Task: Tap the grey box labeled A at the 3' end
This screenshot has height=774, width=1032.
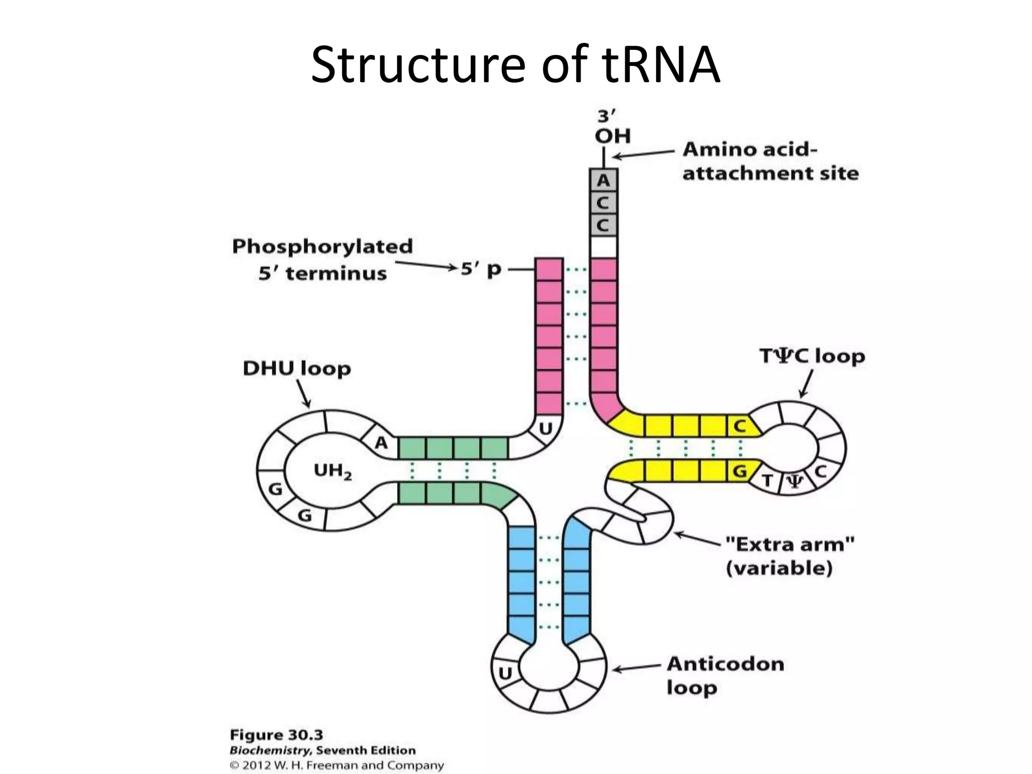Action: [603, 180]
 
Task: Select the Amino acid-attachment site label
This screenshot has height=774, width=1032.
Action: [770, 161]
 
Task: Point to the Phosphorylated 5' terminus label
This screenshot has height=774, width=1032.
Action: [322, 260]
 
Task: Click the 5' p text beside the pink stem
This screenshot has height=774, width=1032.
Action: [481, 270]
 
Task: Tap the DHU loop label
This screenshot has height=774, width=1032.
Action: [297, 368]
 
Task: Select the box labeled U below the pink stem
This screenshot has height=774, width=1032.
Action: [546, 429]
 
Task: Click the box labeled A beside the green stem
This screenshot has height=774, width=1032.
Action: [381, 443]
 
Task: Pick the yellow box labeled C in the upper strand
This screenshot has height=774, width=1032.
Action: [739, 426]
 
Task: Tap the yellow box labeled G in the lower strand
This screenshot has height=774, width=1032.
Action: [739, 472]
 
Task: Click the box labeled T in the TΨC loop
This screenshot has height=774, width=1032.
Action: [767, 481]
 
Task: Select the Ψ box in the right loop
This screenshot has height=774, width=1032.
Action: [795, 482]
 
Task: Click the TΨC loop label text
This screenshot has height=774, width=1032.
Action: [812, 356]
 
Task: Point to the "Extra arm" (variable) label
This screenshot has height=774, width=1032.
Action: [789, 556]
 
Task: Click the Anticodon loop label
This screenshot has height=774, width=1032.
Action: [725, 676]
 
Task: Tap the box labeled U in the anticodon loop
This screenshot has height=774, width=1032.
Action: [505, 673]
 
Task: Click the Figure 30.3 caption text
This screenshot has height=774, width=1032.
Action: [276, 735]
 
